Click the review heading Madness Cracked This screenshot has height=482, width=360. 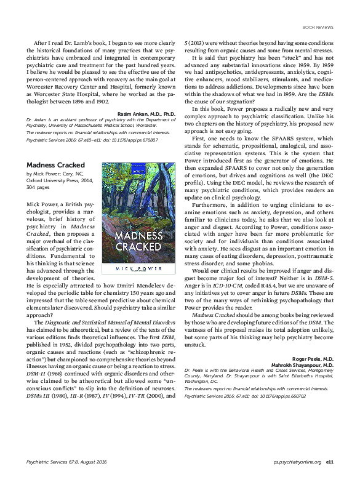pyautogui.click(x=56, y=166)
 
